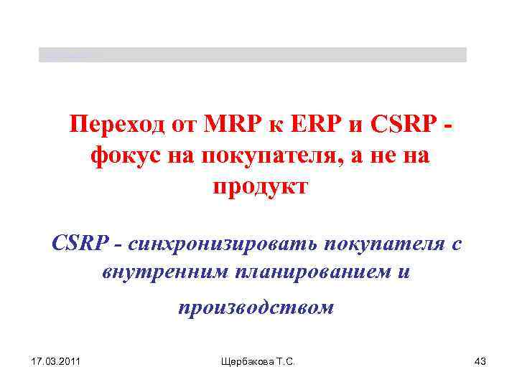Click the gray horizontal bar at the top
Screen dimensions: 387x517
coord(252,54)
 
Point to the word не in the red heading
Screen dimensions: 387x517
coord(373,156)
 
